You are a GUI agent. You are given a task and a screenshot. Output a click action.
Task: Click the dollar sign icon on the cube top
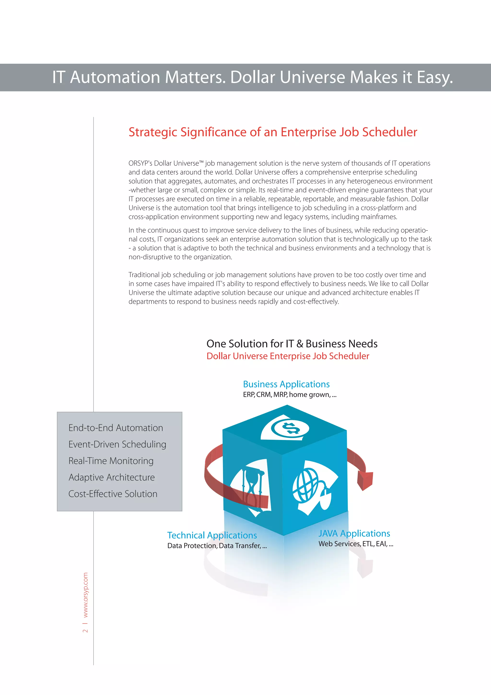tap(290, 428)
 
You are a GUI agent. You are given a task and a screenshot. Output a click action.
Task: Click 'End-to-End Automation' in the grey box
tap(116, 428)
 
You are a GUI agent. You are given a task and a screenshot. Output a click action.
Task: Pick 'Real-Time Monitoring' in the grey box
tap(111, 461)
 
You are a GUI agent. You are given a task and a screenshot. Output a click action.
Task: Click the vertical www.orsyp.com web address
tap(86, 595)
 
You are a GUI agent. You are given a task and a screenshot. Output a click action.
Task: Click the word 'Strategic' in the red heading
tap(152, 132)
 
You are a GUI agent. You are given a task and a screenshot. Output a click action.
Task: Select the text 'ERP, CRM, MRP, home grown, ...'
tap(290, 395)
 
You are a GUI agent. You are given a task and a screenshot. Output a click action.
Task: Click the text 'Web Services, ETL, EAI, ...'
tap(356, 544)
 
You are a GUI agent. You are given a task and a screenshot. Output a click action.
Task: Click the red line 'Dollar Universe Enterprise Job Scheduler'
tap(287, 356)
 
